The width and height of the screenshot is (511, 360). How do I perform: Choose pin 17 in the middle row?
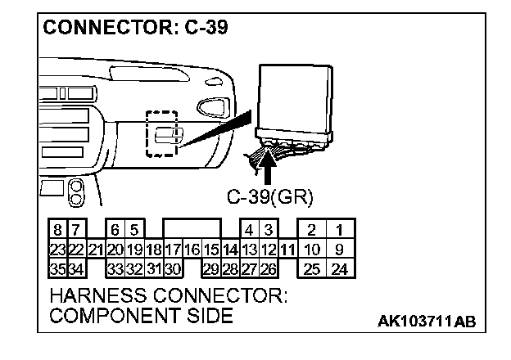pyautogui.click(x=172, y=250)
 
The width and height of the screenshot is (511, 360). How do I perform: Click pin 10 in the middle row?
pyautogui.click(x=312, y=250)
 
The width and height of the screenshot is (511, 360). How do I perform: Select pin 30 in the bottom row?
pyautogui.click(x=172, y=268)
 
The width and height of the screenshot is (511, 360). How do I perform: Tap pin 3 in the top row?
pyautogui.click(x=268, y=232)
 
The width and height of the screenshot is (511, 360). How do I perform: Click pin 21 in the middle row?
pyautogui.click(x=95, y=250)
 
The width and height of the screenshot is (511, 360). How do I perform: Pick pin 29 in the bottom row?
pyautogui.click(x=210, y=268)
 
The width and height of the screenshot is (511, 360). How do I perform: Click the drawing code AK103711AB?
pyautogui.click(x=426, y=322)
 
